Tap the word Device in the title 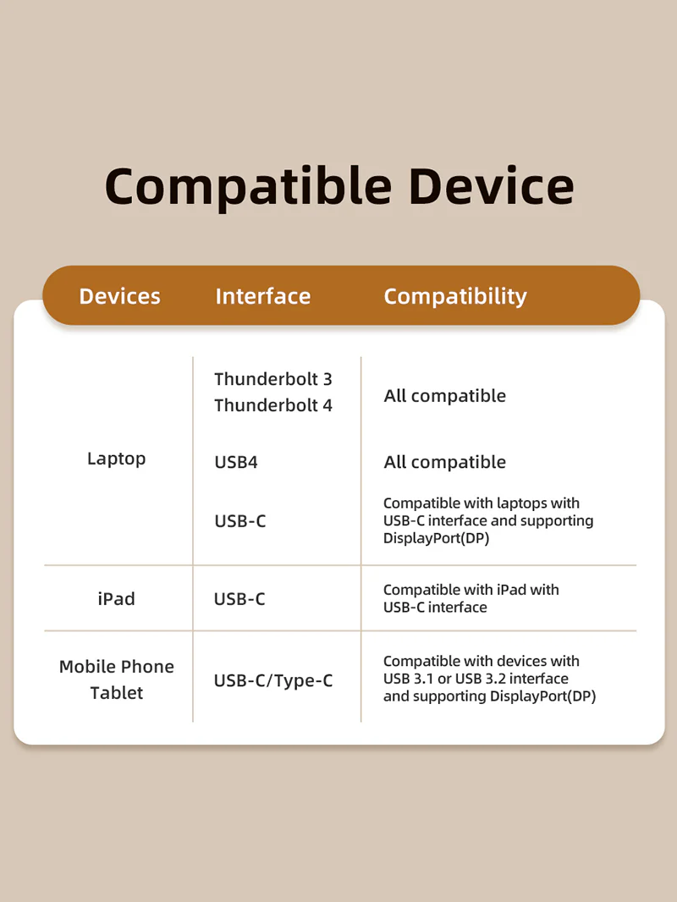point(491,186)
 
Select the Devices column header point(119,296)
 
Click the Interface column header point(263,296)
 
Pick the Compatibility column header point(455,297)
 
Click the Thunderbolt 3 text point(273,379)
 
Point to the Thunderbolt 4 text point(273,405)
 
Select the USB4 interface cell point(236,462)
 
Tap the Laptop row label point(116,459)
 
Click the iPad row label point(116,599)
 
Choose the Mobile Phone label point(116,667)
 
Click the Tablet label point(116,693)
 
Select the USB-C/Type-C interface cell point(273,681)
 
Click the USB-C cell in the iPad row point(239,599)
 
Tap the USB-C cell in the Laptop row point(239,521)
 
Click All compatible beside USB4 point(444,462)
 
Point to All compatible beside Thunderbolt point(444,396)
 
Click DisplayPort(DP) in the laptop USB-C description point(436,538)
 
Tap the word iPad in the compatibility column point(511,590)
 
